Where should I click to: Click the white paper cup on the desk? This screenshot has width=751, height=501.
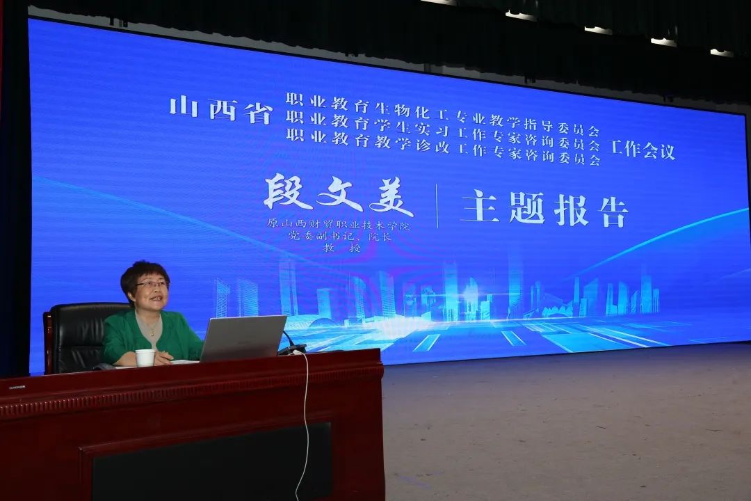point(145,358)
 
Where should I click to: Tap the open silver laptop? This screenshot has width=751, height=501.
point(243,338)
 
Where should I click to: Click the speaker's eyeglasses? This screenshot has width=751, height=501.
point(153,285)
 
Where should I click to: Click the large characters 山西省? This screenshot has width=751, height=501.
point(221,111)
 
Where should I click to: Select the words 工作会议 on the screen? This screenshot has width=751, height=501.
point(640,150)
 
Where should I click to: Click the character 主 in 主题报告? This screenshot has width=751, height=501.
point(479,206)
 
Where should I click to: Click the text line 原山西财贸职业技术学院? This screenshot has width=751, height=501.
point(338,224)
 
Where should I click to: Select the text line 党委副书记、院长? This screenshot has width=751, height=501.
point(339,236)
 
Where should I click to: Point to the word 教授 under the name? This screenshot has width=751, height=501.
point(341,248)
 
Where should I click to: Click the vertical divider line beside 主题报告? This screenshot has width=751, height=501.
point(437,206)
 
